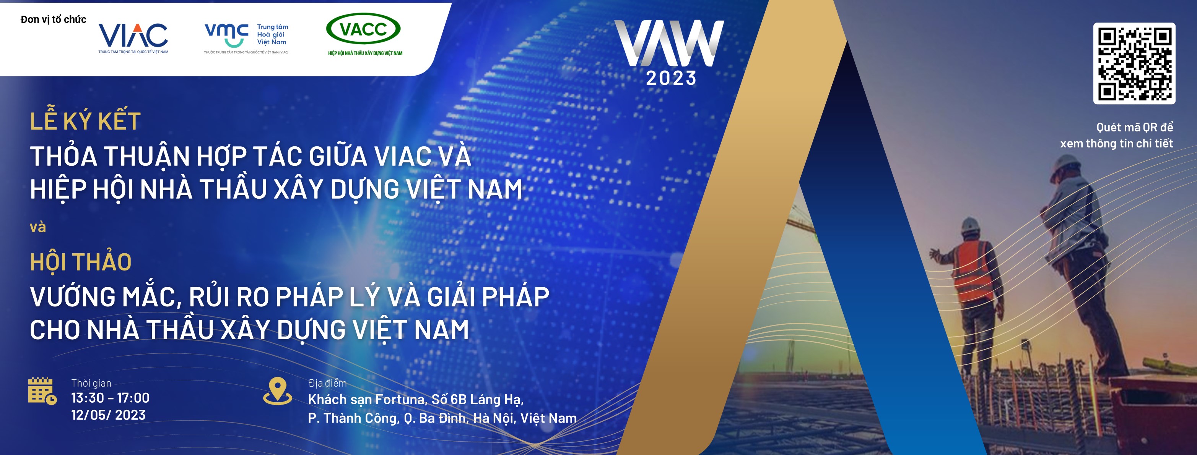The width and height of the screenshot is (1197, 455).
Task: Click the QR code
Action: [1134, 63]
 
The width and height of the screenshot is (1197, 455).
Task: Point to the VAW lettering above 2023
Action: [669, 43]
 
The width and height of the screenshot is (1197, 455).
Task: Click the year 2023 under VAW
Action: [671, 78]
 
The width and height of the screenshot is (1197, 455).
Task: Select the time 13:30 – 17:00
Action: [110, 398]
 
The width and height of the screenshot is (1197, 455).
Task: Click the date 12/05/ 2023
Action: [108, 415]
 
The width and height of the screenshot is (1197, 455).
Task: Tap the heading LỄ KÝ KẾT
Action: [85, 121]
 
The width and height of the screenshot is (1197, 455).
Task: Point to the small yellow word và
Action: [37, 227]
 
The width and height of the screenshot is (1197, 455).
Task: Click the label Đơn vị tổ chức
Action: [54, 19]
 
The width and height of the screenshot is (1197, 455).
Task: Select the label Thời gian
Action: [91, 383]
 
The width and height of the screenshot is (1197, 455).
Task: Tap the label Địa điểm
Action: [328, 383]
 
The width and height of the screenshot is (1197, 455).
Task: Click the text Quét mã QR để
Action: [1135, 127]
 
